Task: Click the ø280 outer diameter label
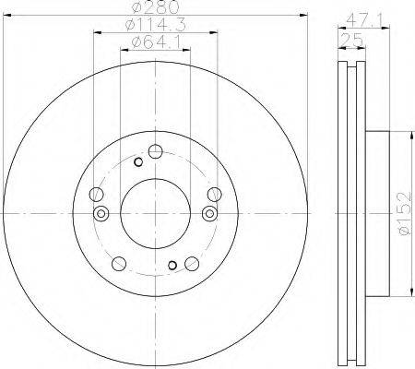155,7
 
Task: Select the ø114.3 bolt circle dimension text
156,25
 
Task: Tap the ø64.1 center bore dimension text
155,42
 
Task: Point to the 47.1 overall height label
364,20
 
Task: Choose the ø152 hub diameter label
404,213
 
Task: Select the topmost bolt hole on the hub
155,151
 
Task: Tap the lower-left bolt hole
119,264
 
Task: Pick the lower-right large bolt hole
192,264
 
